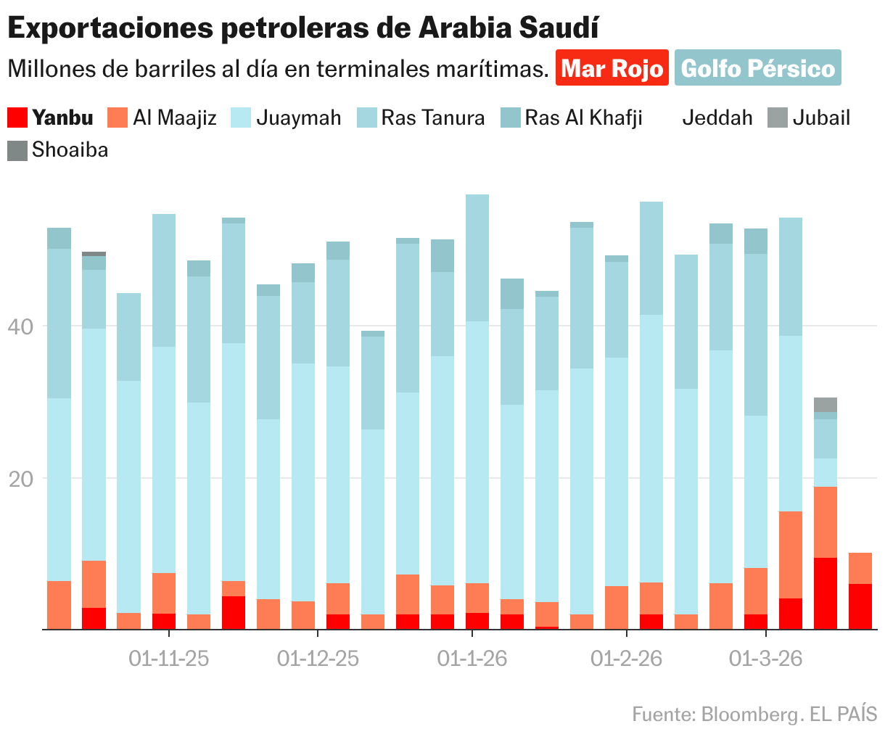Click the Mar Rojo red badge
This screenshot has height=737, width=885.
click(x=612, y=68)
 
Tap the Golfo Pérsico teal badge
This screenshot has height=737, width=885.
click(x=758, y=68)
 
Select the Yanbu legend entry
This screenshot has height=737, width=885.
click(x=51, y=118)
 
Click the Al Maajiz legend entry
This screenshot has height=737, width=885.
click(x=162, y=118)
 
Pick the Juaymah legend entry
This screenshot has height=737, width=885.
click(x=286, y=118)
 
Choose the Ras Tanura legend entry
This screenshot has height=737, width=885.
click(x=421, y=118)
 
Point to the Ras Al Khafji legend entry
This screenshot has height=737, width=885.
click(x=572, y=118)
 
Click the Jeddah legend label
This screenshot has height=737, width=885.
click(x=717, y=118)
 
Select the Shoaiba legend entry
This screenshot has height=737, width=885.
click(x=58, y=150)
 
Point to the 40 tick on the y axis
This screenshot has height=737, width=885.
click(x=20, y=327)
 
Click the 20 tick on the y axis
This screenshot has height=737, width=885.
click(x=20, y=479)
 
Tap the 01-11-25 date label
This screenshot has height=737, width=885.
click(x=169, y=659)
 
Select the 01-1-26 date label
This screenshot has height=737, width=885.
click(x=472, y=659)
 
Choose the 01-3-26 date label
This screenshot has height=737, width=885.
click(x=765, y=659)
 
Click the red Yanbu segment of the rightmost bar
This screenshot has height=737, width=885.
click(x=860, y=606)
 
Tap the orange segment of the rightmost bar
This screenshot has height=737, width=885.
click(x=860, y=568)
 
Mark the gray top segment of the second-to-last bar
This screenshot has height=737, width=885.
click(x=825, y=404)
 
